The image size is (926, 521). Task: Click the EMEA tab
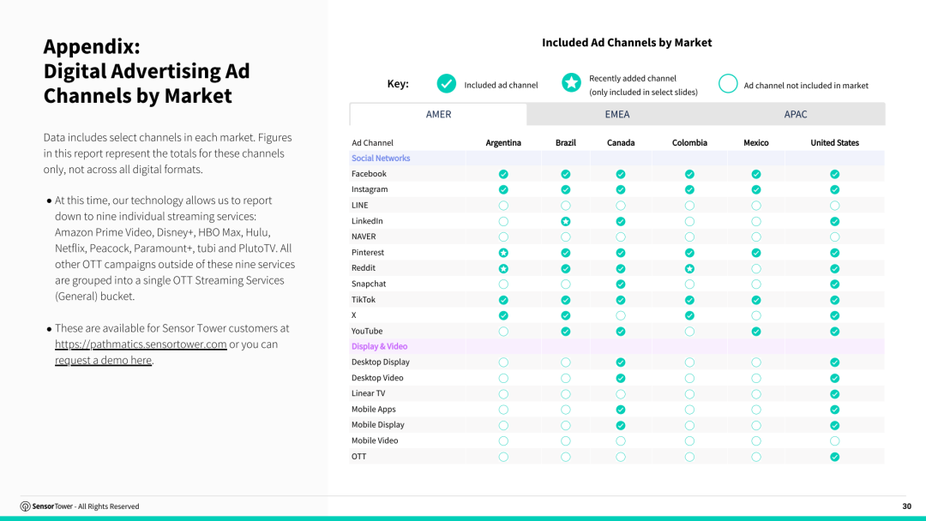click(x=617, y=115)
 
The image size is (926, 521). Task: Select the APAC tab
click(x=796, y=115)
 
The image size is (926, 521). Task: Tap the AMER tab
click(x=438, y=115)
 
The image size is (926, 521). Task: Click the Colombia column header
click(x=689, y=143)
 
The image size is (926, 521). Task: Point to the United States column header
click(x=834, y=143)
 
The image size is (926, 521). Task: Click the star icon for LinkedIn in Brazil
click(x=566, y=221)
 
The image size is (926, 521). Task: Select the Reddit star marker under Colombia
click(x=689, y=268)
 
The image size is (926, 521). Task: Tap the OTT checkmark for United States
click(x=834, y=457)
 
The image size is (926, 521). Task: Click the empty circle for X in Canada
click(x=621, y=315)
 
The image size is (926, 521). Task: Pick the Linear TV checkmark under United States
click(x=834, y=393)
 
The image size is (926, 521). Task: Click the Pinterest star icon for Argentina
click(x=503, y=253)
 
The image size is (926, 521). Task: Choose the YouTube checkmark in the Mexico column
click(x=756, y=332)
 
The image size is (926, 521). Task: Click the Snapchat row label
click(x=369, y=284)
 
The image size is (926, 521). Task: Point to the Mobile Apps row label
click(x=373, y=410)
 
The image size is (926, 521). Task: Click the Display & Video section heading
click(x=379, y=346)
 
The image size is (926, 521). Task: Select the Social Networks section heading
click(x=381, y=159)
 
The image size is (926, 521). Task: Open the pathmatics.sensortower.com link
click(x=141, y=344)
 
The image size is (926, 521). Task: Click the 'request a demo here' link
click(x=104, y=360)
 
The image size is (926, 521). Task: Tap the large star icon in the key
click(x=571, y=83)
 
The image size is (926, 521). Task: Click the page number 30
click(x=906, y=506)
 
